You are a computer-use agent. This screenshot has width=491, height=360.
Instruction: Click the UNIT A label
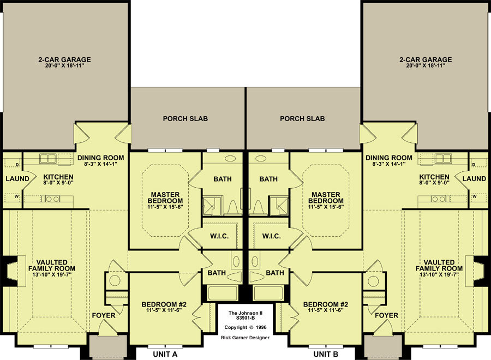coord(165,354)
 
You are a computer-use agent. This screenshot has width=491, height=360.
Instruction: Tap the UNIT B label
coord(326,354)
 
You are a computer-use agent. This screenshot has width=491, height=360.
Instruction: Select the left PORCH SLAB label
coord(185,119)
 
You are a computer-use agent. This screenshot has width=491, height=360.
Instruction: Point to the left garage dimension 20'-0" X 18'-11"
coord(65,66)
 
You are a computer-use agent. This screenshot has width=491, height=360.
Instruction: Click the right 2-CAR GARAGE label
coord(426,59)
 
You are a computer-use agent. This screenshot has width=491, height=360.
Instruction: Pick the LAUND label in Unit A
coord(17,179)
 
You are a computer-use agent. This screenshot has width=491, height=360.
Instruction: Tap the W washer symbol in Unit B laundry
coord(475,196)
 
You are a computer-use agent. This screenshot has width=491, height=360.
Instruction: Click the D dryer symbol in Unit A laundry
coord(17,165)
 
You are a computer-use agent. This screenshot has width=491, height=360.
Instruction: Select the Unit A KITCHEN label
coord(58,177)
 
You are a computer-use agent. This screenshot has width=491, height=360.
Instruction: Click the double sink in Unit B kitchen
coord(444,159)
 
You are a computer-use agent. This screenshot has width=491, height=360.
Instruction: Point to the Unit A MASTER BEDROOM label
coord(165,197)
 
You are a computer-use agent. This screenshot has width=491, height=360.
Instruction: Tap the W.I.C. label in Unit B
coord(272,236)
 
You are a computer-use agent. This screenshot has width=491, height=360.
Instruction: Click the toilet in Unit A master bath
coord(232,208)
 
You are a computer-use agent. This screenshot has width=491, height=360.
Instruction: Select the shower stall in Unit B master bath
coord(279,206)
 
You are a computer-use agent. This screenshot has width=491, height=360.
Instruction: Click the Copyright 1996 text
coord(245,327)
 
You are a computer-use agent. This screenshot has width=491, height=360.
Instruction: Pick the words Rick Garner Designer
coord(245,338)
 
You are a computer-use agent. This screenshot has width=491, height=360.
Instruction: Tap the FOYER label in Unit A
coord(104,315)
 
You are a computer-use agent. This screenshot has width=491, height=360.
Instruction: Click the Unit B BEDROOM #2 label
coord(326,304)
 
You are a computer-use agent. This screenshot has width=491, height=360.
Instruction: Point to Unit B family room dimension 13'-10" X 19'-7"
coord(439,274)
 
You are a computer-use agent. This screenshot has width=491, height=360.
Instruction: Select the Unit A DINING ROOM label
coord(101,158)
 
